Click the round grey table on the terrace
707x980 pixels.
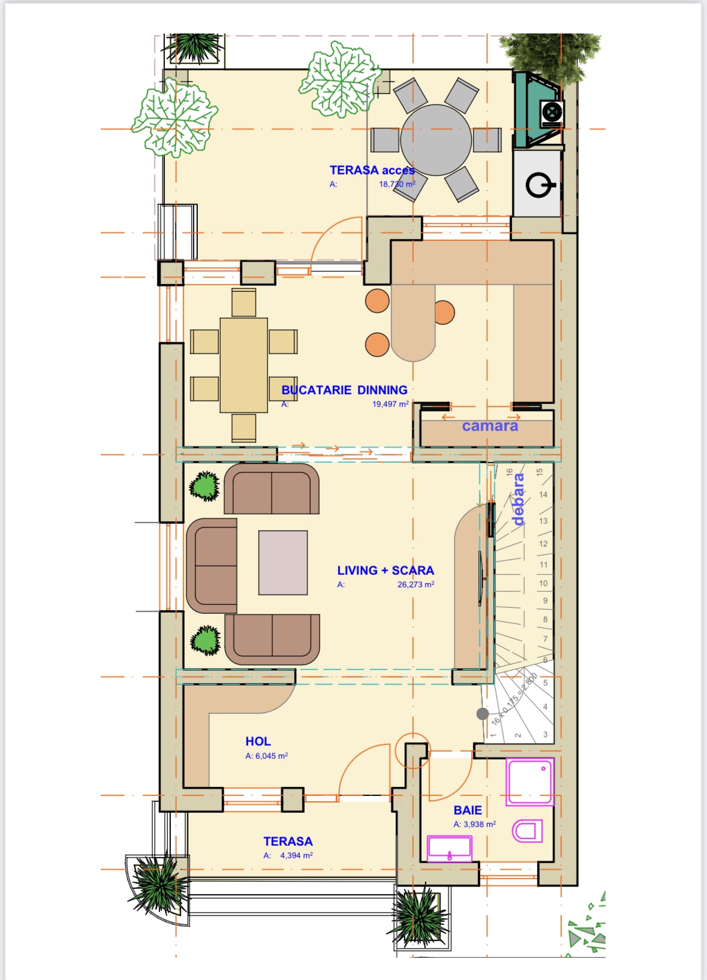pyautogui.click(x=436, y=140)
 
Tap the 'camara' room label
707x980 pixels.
pyautogui.click(x=490, y=426)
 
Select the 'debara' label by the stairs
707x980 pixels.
pyautogui.click(x=518, y=499)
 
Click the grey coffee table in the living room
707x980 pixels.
pyautogui.click(x=283, y=563)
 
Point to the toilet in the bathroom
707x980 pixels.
pyautogui.click(x=528, y=830)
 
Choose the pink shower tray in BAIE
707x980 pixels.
pyautogui.click(x=530, y=782)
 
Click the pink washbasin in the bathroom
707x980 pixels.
pyautogui.click(x=450, y=849)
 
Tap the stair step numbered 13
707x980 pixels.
pyautogui.click(x=543, y=521)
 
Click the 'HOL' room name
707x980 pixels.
pyautogui.click(x=258, y=741)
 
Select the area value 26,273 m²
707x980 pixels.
pyautogui.click(x=416, y=584)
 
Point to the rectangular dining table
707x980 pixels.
pyautogui.click(x=244, y=365)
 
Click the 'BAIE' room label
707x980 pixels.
pyautogui.click(x=468, y=810)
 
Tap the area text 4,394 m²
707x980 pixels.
pyautogui.click(x=296, y=855)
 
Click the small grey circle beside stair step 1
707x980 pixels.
pyautogui.click(x=482, y=714)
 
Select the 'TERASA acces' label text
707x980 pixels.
pyautogui.click(x=372, y=170)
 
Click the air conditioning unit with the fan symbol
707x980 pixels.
pyautogui.click(x=552, y=113)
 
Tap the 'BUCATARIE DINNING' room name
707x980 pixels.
pyautogui.click(x=344, y=390)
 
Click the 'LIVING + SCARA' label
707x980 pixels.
pyautogui.click(x=385, y=571)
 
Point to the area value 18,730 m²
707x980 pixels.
pyautogui.click(x=397, y=184)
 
